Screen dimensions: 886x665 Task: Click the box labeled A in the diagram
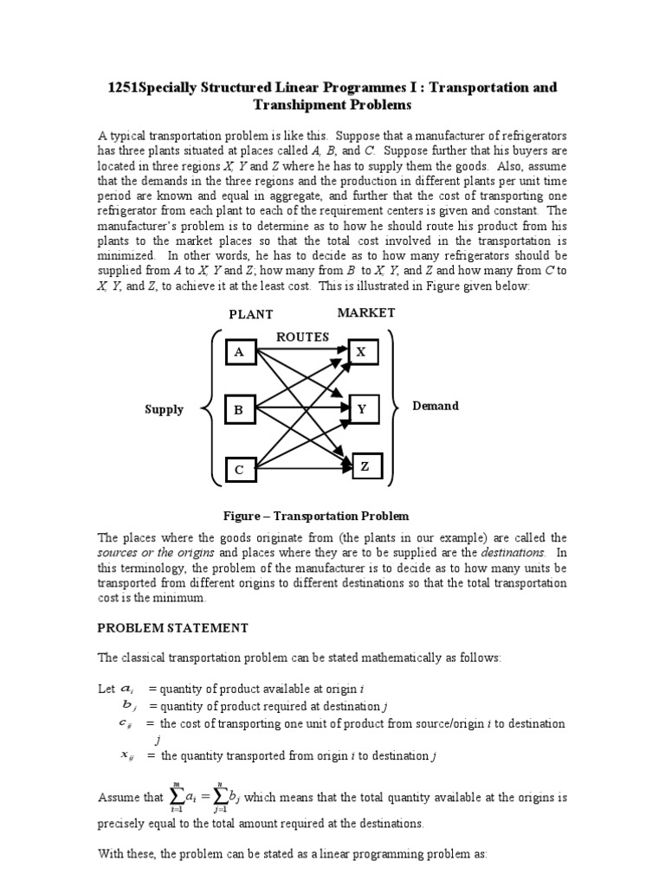coord(240,352)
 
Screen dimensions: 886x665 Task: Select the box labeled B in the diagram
coord(240,409)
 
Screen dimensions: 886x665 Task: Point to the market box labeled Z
coord(365,466)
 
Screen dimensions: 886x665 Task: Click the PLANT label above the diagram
coord(250,315)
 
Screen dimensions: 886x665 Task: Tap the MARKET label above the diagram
coord(367,312)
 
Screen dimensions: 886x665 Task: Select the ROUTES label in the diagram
coord(303,337)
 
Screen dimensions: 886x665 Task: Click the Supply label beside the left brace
coord(164,409)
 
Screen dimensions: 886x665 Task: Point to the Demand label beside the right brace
coord(436,405)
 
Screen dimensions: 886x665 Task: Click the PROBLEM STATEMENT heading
coord(173,627)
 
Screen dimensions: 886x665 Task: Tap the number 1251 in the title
coord(123,88)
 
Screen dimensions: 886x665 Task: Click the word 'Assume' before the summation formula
coord(118,796)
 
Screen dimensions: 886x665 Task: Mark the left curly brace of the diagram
coord(210,408)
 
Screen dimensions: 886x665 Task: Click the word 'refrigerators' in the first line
coord(530,137)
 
